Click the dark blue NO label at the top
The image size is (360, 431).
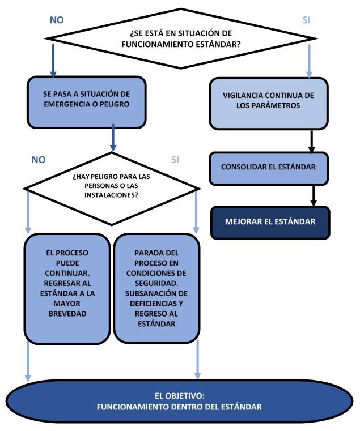click(57, 20)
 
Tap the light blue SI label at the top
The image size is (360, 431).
click(306, 20)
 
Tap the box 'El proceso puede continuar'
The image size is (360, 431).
click(67, 288)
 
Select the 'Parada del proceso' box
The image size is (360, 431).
click(156, 288)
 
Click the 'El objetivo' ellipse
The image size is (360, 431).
click(180, 402)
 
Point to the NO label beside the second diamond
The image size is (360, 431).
click(38, 160)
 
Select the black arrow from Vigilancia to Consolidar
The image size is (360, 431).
click(312, 140)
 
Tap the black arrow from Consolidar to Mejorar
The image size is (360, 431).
click(312, 195)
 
